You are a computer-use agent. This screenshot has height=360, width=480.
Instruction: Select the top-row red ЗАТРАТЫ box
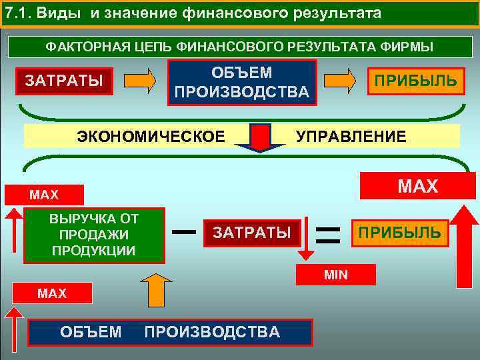[63, 81]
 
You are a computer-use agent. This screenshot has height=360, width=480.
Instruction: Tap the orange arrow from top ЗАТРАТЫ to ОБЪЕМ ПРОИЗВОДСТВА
[141, 80]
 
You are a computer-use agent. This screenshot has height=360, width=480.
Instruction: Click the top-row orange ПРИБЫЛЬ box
[415, 81]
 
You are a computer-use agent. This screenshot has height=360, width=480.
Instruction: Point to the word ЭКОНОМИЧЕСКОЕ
[151, 137]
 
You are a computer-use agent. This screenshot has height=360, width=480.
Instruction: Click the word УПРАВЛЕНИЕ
[351, 137]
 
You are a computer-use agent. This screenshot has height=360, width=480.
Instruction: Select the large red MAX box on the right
[417, 186]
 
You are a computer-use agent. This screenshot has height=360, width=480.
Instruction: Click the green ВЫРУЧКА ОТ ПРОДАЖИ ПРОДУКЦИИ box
[93, 235]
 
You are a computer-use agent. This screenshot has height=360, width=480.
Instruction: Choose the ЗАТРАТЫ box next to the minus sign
[251, 233]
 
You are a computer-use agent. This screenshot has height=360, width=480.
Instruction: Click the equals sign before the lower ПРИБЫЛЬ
[327, 233]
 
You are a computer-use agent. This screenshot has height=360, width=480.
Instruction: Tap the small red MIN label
[336, 274]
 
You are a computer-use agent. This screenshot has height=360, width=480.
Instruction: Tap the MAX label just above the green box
[44, 195]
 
